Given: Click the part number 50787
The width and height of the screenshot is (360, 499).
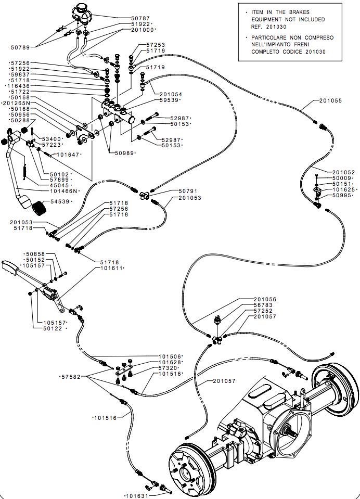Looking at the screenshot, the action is point(140,18).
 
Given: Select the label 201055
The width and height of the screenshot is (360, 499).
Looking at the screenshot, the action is point(330,100).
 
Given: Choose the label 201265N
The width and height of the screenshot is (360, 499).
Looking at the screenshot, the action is point(16,103).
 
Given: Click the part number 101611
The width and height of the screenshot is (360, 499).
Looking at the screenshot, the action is point(111,268).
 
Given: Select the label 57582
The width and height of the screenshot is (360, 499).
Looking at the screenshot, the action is point(71,377).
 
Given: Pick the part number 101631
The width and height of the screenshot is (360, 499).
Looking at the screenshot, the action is point(137,496).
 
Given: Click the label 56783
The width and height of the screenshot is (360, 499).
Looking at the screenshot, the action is point(263,305).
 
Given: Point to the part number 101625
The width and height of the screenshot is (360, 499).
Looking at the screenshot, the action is point(344,190).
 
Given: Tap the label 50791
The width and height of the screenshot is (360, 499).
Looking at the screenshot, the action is point(188,191).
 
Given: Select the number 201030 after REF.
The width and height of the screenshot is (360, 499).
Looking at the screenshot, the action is point(277,27).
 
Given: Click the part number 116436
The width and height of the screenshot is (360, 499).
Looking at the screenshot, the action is point(18,86).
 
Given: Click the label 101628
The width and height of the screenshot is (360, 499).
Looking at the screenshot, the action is point(171,363).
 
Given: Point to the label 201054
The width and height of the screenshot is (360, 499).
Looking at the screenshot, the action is point(171,94).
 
